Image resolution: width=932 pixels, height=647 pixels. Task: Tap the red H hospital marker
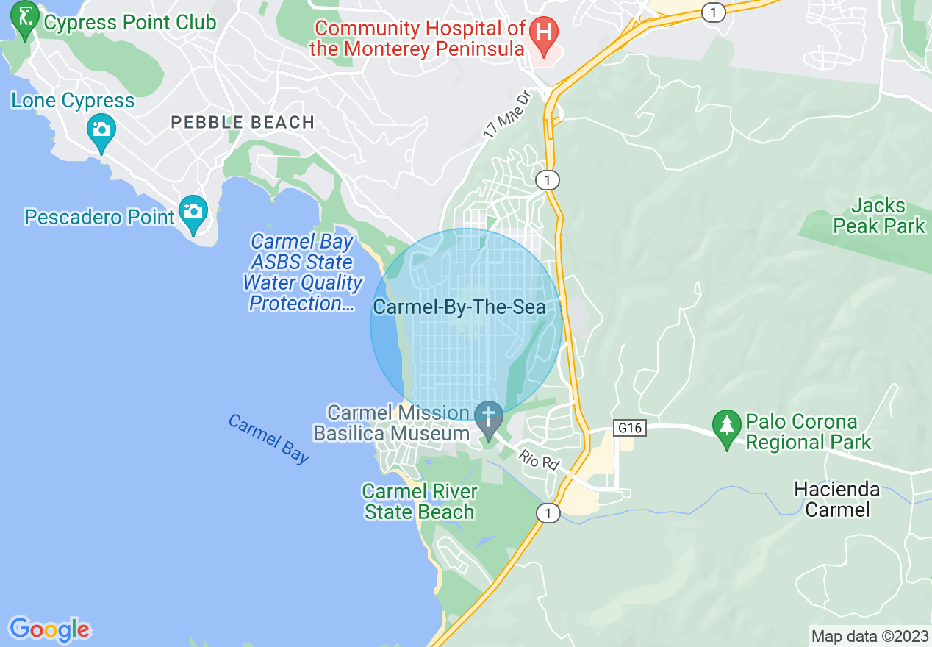click(x=544, y=33)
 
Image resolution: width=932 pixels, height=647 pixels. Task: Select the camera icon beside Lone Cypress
click(x=101, y=130)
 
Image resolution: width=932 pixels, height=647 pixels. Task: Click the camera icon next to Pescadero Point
click(x=193, y=212)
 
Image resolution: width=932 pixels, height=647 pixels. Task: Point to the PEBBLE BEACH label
click(x=243, y=122)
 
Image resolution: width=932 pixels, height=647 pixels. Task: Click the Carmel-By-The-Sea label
click(x=459, y=307)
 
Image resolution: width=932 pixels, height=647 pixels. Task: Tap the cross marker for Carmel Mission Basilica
click(x=488, y=417)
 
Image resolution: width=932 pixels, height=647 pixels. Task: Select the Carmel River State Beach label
click(x=420, y=501)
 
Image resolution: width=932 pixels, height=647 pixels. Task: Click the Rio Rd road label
click(x=539, y=461)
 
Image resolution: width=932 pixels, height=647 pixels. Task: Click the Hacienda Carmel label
click(x=837, y=499)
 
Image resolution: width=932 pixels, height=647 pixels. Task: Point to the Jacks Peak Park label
click(x=879, y=215)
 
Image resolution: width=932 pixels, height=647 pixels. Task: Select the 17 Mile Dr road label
click(x=507, y=115)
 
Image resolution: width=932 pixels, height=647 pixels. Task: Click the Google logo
click(x=49, y=629)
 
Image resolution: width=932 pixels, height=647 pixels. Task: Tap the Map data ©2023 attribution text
click(x=868, y=635)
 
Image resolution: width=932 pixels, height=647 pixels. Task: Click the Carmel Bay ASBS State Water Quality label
click(x=303, y=273)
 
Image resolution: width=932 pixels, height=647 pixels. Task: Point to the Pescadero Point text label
click(x=100, y=217)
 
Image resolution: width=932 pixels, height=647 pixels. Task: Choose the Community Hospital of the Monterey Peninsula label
click(x=417, y=38)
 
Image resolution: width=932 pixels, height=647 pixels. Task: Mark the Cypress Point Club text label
click(x=130, y=22)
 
